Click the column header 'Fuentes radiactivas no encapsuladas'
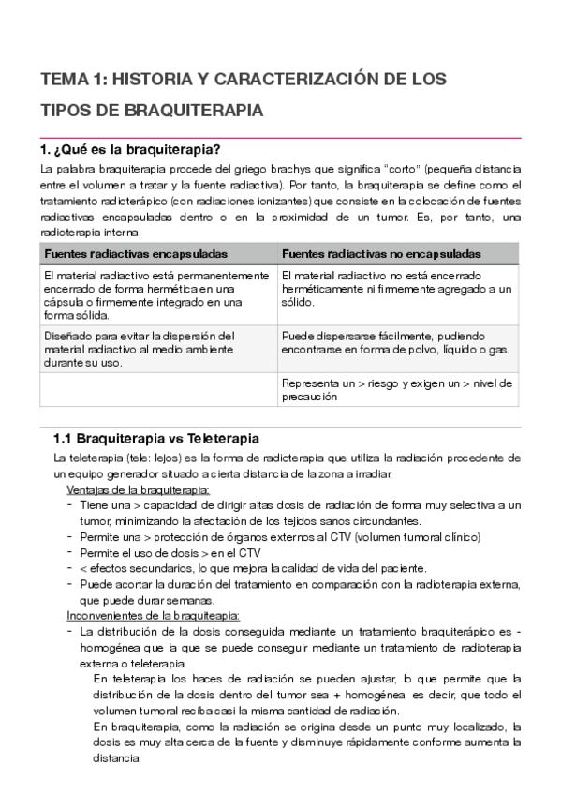(381, 254)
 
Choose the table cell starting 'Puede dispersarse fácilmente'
(395, 342)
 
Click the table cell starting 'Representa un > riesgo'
(396, 389)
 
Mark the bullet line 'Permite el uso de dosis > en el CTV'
(170, 553)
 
